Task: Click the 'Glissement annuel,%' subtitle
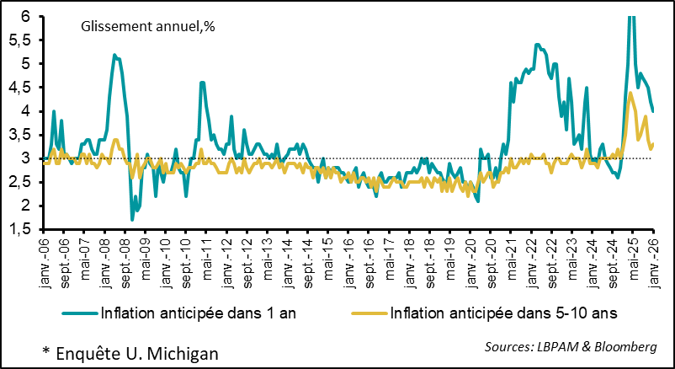(x=148, y=26)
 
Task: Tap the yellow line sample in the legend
(x=369, y=313)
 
